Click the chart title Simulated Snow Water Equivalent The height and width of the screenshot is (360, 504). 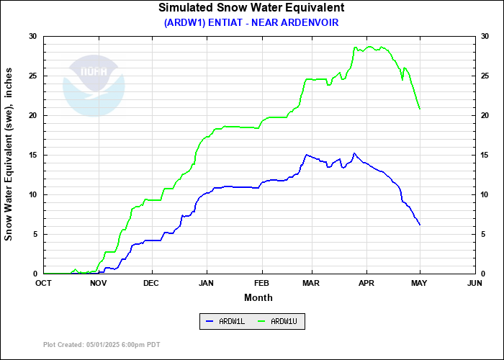click(x=251, y=8)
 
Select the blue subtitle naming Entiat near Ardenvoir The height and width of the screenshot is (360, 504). click(x=251, y=22)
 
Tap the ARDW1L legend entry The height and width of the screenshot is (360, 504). click(x=226, y=321)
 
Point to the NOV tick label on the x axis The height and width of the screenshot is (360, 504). click(x=99, y=283)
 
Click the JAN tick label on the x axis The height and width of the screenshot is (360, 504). click(x=207, y=283)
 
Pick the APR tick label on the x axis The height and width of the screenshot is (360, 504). click(x=367, y=283)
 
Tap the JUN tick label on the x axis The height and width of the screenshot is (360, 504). click(x=474, y=283)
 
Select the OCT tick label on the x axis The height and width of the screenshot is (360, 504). click(x=44, y=283)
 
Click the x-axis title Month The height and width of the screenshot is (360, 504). click(x=258, y=297)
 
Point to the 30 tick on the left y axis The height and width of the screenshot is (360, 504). click(x=33, y=36)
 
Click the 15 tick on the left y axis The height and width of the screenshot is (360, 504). click(x=33, y=155)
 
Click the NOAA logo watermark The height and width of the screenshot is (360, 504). click(x=94, y=83)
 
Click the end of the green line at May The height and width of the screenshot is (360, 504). click(x=420, y=109)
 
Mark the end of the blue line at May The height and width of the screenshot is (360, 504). click(x=420, y=225)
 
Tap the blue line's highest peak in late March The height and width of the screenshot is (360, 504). click(x=354, y=153)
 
